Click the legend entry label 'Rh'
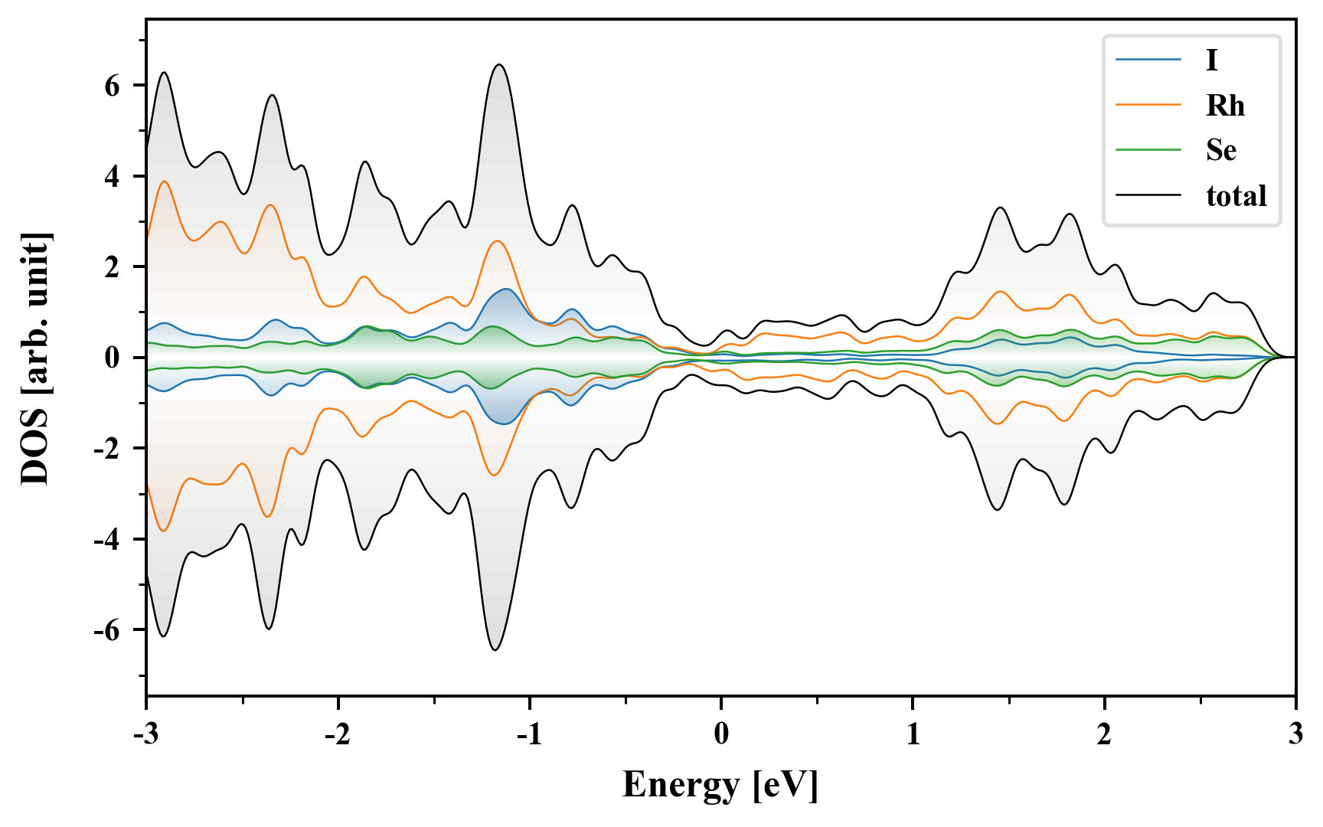click(1225, 106)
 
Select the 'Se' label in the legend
click(1221, 150)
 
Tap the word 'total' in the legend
click(1236, 196)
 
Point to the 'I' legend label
click(1212, 60)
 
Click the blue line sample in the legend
click(1148, 60)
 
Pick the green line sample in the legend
click(1148, 150)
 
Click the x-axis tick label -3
click(145, 734)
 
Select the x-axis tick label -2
click(337, 734)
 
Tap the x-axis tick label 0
click(721, 734)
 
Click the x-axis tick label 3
click(1295, 734)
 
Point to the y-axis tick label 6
click(113, 86)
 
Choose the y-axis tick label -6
click(108, 631)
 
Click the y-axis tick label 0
click(113, 358)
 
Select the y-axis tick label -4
click(108, 540)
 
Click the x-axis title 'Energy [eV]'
click(720, 785)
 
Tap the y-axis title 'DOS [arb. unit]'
click(35, 358)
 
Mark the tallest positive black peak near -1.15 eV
click(499, 65)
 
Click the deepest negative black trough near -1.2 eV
click(495, 649)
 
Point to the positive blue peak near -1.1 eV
click(505, 289)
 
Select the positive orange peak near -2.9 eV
click(164, 181)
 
